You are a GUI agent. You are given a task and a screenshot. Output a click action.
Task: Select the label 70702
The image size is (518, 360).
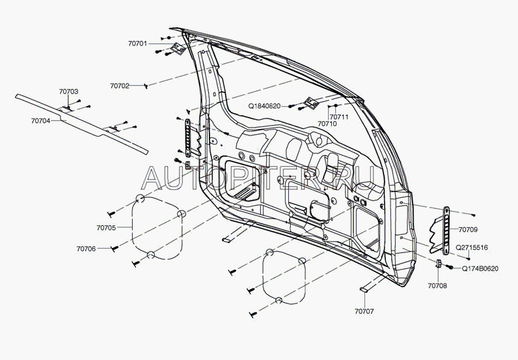[120, 86]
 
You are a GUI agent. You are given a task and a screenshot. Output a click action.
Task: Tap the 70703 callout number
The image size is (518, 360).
[68, 92]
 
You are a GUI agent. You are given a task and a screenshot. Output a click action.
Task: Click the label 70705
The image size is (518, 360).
[105, 228]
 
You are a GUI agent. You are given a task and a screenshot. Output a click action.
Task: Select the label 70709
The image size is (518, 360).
[467, 230]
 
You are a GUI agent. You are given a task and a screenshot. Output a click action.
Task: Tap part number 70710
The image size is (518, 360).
[327, 123]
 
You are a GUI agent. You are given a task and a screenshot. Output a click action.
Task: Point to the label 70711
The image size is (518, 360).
[340, 117]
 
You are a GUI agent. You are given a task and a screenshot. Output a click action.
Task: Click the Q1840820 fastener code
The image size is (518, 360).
[264, 105]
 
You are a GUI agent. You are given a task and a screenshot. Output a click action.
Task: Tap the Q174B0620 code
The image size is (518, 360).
[480, 269]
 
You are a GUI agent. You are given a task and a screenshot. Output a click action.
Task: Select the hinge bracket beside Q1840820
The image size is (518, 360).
[310, 102]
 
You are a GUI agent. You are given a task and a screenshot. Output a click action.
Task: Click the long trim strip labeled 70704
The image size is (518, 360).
[85, 124]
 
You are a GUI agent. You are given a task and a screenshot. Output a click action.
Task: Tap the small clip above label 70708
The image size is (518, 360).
[439, 264]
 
